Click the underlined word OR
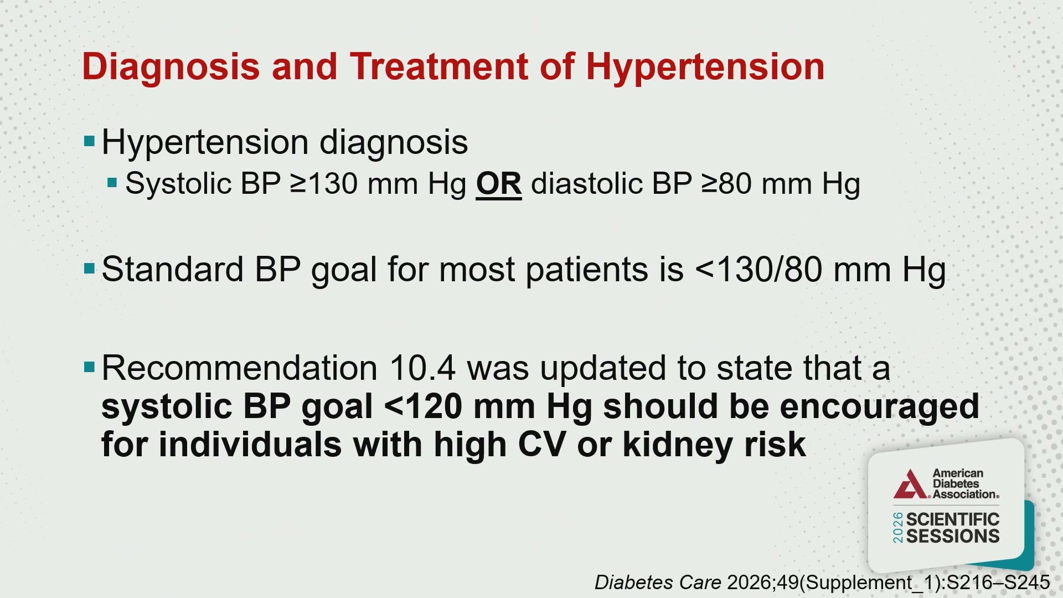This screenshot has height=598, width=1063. pyautogui.click(x=499, y=184)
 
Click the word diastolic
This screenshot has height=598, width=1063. pyautogui.click(x=586, y=183)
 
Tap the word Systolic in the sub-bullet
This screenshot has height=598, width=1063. pyautogui.click(x=178, y=184)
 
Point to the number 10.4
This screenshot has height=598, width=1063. pyautogui.click(x=423, y=368)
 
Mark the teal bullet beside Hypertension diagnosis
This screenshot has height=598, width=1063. pyautogui.click(x=89, y=142)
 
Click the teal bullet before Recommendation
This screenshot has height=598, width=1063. pyautogui.click(x=89, y=368)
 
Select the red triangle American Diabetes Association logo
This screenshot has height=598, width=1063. pyautogui.click(x=910, y=484)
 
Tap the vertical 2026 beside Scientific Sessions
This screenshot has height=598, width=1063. pyautogui.click(x=898, y=528)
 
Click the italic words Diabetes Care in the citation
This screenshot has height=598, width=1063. pyautogui.click(x=658, y=582)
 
